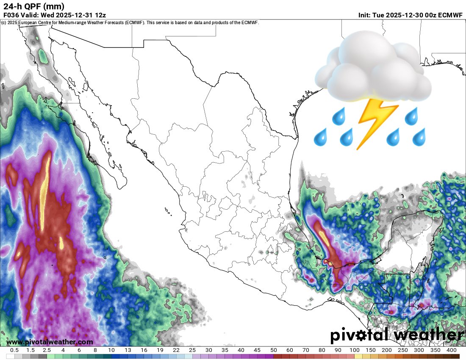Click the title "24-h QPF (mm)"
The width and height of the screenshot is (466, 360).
click(x=34, y=6)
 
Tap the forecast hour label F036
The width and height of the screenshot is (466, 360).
click(x=12, y=15)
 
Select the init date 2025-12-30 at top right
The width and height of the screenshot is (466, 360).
click(x=404, y=15)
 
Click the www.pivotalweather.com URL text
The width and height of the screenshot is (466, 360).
click(x=50, y=342)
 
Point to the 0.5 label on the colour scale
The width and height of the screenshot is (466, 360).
click(x=14, y=350)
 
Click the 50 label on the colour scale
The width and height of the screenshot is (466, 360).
click(x=273, y=350)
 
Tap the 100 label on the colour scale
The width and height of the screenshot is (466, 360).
click(x=355, y=350)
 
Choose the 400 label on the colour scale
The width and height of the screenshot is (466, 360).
click(x=451, y=350)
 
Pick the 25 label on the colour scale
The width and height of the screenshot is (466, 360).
click(x=192, y=350)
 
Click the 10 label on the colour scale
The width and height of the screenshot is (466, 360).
click(x=111, y=350)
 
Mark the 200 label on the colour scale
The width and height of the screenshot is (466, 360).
click(x=387, y=350)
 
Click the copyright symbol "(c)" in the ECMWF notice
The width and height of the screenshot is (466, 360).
click(x=4, y=22)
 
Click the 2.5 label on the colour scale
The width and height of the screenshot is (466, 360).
click(x=47, y=350)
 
